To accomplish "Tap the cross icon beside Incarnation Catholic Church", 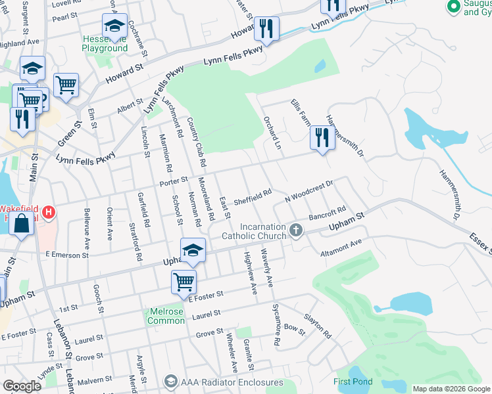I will [x=296, y=230].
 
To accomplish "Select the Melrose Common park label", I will [x=166, y=316].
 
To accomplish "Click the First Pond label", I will [x=353, y=382].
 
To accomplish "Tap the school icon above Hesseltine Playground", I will [x=114, y=27].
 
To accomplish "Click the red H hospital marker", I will [x=49, y=213].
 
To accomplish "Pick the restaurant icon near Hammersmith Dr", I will [x=322, y=138].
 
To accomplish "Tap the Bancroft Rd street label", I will [x=327, y=215].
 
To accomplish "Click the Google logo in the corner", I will [x=22, y=386].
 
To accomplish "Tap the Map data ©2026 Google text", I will [x=451, y=389].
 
